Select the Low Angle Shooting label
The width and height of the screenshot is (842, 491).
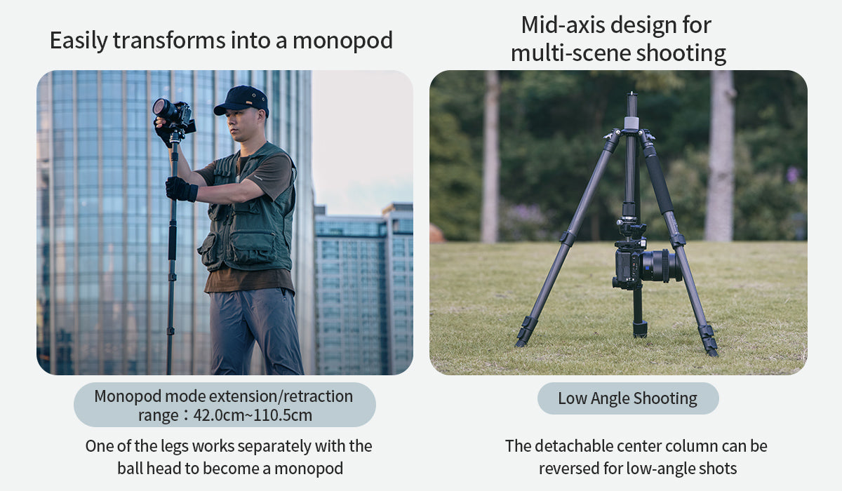[x=627, y=398]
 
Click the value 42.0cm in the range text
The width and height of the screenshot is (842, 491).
[x=218, y=415]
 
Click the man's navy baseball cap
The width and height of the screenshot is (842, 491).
[x=242, y=99]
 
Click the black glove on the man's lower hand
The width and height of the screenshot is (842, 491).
[x=181, y=189]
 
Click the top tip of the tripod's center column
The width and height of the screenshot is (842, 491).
[x=632, y=96]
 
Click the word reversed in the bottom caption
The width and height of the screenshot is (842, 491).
[x=569, y=469]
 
